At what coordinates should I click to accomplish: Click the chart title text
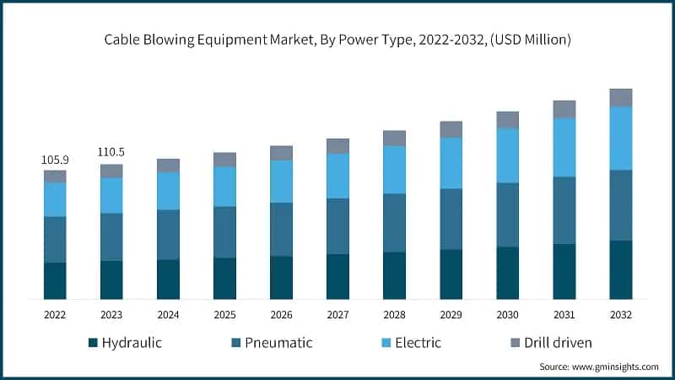pos(337,39)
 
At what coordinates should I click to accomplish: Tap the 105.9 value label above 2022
pos(55,159)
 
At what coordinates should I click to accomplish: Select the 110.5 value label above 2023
pos(111,152)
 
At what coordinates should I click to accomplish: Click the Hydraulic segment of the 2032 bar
pos(621,269)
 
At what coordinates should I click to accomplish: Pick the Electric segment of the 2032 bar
pos(621,138)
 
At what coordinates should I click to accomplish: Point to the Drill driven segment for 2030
pos(508,119)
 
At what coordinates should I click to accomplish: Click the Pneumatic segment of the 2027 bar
pos(337,225)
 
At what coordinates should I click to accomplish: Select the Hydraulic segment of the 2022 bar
pos(55,280)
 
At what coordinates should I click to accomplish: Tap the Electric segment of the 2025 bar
pos(224,186)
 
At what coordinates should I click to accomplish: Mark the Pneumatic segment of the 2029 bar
pos(451,219)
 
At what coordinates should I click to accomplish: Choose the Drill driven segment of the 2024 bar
pos(168,165)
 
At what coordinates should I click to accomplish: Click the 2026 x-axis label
pos(281,313)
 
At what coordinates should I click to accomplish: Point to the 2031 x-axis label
pos(564,313)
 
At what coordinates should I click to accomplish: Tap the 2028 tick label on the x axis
pos(394,313)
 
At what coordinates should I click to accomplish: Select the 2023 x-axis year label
pos(111,313)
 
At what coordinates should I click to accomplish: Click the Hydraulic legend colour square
pos(92,343)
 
